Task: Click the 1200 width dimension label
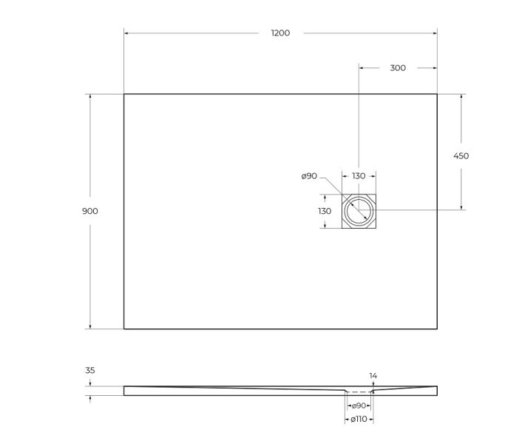pos(280,33)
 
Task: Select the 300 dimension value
pos(397,68)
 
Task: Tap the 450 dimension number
pos(461,156)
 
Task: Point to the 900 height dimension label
pos(90,211)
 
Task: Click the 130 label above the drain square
pos(358,176)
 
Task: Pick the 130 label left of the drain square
pos(325,211)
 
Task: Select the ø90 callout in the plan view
pos(309,176)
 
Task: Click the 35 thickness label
pos(90,370)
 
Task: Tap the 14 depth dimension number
pos(373,376)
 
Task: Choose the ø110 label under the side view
pos(359,420)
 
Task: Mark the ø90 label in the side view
pos(359,406)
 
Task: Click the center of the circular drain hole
pos(359,211)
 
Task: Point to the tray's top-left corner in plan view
pos(123,94)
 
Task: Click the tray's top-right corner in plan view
pos(437,94)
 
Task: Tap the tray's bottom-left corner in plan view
pos(123,329)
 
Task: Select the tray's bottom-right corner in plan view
pos(437,329)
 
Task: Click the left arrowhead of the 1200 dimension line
pos(126,33)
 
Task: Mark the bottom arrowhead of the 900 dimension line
pos(90,326)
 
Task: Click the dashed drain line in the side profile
pos(359,392)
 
